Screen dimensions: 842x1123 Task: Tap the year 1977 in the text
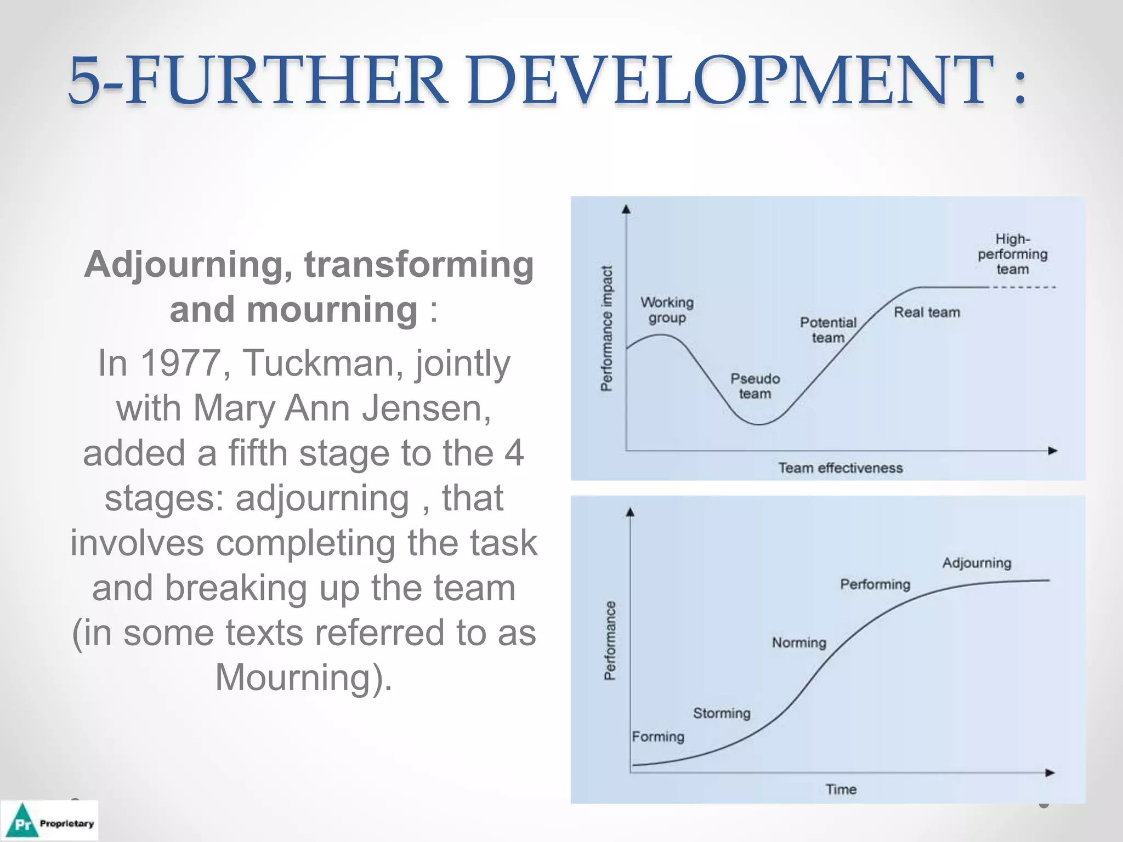click(180, 363)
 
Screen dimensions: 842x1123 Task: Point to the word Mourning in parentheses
click(297, 678)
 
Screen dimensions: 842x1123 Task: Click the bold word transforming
click(419, 265)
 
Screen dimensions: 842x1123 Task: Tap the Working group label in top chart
click(667, 310)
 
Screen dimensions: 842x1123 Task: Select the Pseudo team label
click(755, 386)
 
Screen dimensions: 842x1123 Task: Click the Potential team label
click(827, 329)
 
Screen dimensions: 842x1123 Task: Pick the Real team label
click(927, 312)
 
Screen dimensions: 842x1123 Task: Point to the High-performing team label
click(1012, 254)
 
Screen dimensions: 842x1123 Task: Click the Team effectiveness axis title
click(840, 468)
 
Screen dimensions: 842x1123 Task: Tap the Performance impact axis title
click(606, 328)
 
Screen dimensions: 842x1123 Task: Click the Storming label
click(721, 713)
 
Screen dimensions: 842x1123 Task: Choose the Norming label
click(799, 642)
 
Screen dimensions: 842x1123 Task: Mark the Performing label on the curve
click(875, 584)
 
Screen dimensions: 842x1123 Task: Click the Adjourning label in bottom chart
click(977, 563)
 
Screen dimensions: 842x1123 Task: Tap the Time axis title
click(841, 789)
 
